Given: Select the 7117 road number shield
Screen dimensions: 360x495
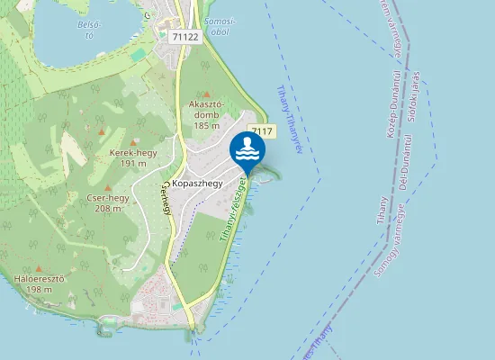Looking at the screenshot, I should pyautogui.click(x=261, y=131).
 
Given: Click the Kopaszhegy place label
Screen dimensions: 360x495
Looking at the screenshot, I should pyautogui.click(x=203, y=183).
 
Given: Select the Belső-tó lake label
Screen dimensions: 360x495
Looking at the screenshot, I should pyautogui.click(x=86, y=30).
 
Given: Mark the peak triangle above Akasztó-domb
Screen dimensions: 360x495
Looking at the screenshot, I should pyautogui.click(x=206, y=93).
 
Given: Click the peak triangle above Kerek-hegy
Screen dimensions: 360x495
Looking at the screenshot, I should pyautogui.click(x=133, y=141).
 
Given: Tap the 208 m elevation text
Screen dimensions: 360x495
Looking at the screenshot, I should pyautogui.click(x=108, y=208).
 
